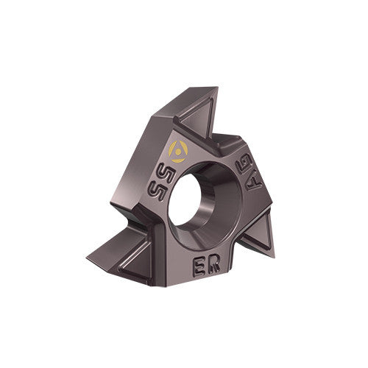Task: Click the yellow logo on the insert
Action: pyautogui.click(x=179, y=150)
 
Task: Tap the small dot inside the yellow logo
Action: pyautogui.click(x=179, y=151)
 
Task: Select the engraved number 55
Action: pyautogui.click(x=158, y=186)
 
